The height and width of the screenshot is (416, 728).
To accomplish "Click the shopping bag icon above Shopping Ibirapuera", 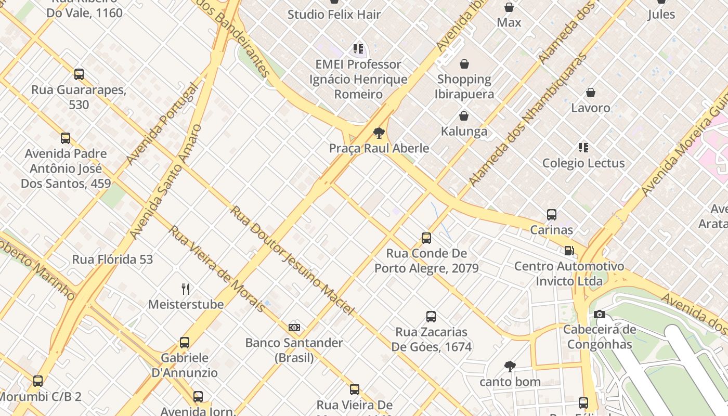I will (x=464, y=64).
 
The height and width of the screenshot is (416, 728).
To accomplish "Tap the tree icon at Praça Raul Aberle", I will (x=379, y=133).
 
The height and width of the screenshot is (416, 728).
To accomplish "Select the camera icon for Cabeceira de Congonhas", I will (x=599, y=314).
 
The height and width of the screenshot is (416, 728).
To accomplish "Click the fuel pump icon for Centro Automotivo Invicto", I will (x=569, y=251).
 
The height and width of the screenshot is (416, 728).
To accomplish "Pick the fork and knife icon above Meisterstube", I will (x=186, y=289).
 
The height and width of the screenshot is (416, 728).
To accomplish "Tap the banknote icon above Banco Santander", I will (x=294, y=328).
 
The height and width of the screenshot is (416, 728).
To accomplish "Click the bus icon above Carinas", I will (x=552, y=214).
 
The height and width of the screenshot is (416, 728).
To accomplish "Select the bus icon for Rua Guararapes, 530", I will (x=79, y=74).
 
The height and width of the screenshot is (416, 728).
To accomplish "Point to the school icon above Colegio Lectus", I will (x=583, y=148).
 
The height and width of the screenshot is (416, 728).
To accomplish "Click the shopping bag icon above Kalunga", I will (x=464, y=116).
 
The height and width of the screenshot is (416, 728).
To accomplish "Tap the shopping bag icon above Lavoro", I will (x=591, y=93).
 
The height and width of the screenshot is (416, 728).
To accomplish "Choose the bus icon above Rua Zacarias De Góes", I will (x=431, y=316).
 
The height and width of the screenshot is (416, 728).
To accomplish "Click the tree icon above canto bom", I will (x=510, y=366).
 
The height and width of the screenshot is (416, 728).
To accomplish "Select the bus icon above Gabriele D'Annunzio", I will (x=185, y=342).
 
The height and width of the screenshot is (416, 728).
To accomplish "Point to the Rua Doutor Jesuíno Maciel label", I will (x=292, y=261).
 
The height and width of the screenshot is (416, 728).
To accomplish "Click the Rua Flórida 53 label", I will (x=112, y=259).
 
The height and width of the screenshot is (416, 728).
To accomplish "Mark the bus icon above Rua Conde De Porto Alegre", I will (x=426, y=238).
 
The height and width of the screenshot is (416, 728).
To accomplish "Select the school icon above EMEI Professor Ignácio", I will (x=358, y=49).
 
